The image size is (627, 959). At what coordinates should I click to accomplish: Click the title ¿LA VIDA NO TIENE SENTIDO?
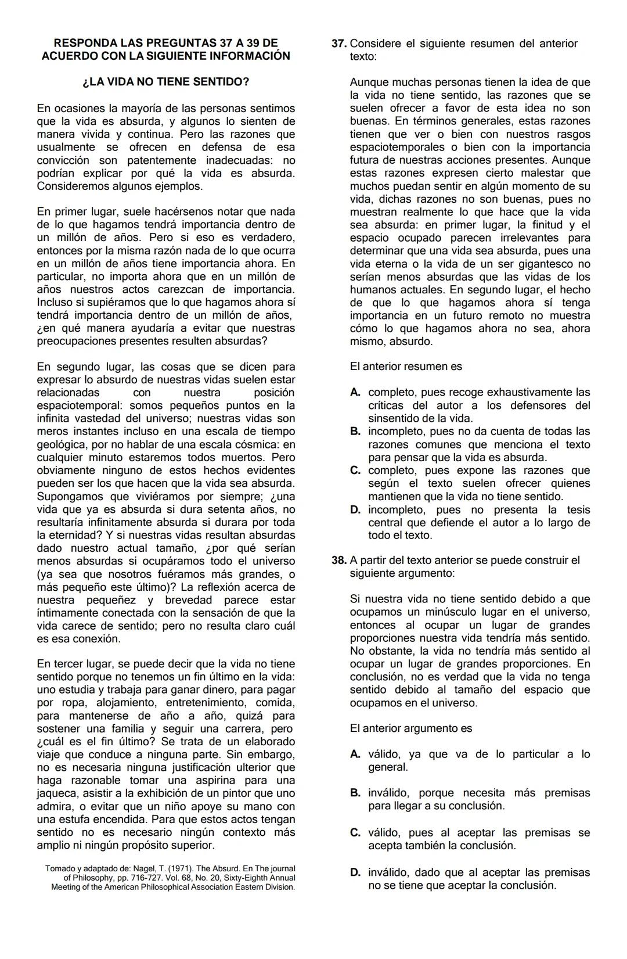pyautogui.click(x=165, y=82)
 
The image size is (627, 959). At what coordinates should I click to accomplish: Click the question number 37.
pyautogui.click(x=339, y=44)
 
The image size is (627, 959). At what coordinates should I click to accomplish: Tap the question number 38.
pyautogui.click(x=339, y=561)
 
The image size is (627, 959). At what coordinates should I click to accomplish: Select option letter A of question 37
pyautogui.click(x=355, y=393)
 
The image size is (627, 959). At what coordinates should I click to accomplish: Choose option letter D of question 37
pyautogui.click(x=355, y=510)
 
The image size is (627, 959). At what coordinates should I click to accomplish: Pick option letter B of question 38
pyautogui.click(x=355, y=793)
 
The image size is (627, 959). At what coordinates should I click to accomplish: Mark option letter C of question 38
pyautogui.click(x=355, y=833)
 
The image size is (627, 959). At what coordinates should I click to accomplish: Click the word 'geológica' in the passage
pyautogui.click(x=60, y=444)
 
